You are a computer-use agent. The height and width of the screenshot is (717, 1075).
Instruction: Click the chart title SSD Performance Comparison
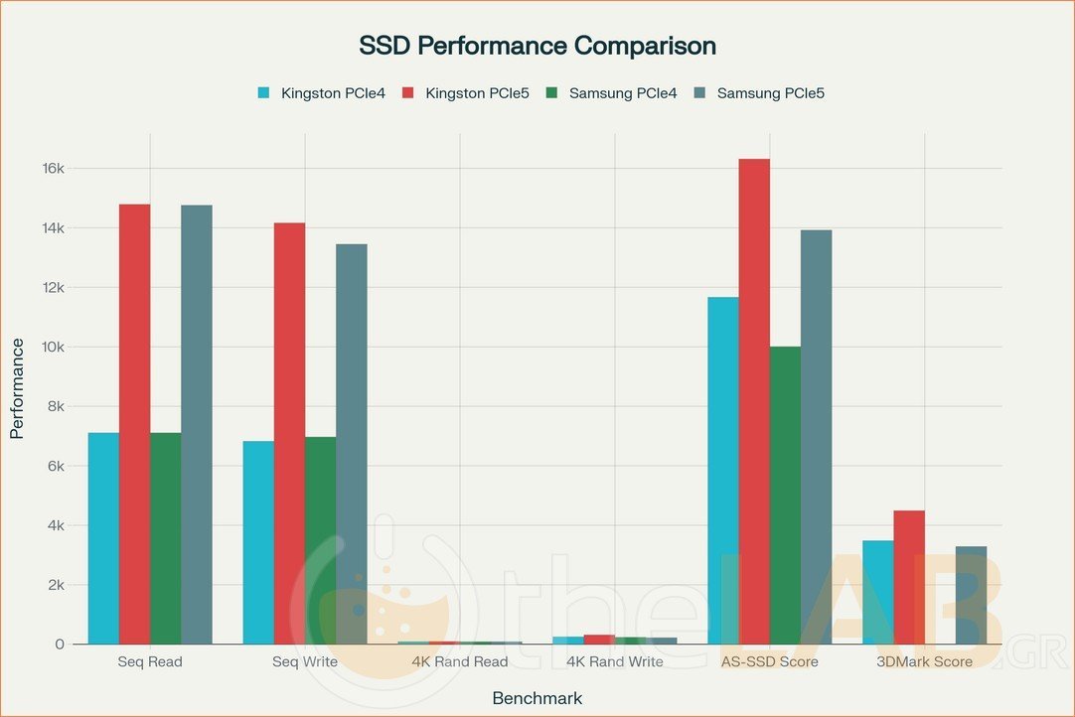[537, 46]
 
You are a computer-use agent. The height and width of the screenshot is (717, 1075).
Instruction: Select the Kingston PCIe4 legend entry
[322, 93]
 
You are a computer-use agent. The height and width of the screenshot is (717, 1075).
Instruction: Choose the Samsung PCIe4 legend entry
[613, 93]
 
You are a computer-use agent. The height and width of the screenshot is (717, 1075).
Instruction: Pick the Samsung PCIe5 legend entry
[760, 93]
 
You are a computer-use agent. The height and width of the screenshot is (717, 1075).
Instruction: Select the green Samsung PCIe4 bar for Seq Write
[320, 540]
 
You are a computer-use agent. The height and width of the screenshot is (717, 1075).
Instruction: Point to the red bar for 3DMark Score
[909, 577]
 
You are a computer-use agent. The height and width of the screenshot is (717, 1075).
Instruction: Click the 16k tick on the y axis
[52, 169]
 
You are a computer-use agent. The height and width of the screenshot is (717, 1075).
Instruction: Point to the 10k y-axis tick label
[52, 348]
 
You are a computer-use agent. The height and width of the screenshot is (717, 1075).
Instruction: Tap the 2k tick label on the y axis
[55, 585]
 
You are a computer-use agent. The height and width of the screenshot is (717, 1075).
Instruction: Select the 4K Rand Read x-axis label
[460, 661]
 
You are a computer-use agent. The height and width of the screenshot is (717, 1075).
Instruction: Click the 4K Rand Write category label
[615, 661]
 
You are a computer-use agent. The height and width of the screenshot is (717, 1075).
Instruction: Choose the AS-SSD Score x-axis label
[770, 661]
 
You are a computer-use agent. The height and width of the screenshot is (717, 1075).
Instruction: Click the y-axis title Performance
[17, 388]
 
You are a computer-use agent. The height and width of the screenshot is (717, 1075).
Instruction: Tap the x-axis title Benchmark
[537, 698]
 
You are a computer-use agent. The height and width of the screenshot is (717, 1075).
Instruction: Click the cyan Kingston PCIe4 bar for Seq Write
[258, 542]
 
